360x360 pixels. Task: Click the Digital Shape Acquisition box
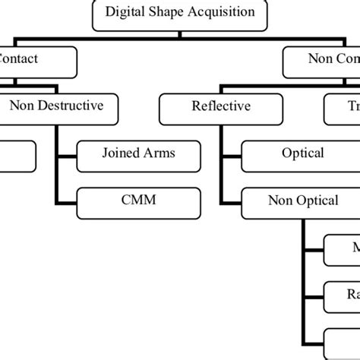pyautogui.click(x=179, y=13)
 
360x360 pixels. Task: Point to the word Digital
pyautogui.click(x=126, y=13)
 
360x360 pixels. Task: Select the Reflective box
pyautogui.click(x=219, y=107)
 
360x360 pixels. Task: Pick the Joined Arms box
pyautogui.click(x=139, y=154)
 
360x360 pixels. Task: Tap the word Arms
pyautogui.click(x=159, y=154)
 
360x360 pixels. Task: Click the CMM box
pyautogui.click(x=139, y=203)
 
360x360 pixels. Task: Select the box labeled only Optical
pyautogui.click(x=302, y=154)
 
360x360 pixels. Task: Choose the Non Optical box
pyautogui.click(x=302, y=201)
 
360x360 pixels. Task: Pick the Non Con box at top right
pyautogui.click(x=322, y=60)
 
